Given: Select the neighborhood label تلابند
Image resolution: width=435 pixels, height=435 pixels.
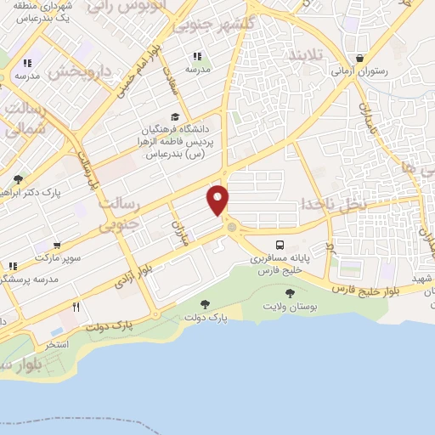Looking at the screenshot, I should pos(303,55).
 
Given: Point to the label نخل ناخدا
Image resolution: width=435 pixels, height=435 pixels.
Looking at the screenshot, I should pos(333,204).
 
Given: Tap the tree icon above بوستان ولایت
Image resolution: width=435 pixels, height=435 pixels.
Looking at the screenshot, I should pos(290,293).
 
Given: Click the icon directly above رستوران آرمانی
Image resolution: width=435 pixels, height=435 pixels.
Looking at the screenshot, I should pos(362,59).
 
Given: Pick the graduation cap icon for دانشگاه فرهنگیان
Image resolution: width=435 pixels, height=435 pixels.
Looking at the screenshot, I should pos(175,117).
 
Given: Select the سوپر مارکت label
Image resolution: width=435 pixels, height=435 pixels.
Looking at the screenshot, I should pos(56,256).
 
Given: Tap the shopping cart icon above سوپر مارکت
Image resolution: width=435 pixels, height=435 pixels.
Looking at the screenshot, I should pos(56,244).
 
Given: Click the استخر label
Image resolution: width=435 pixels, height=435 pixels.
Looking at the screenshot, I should pos(57,345).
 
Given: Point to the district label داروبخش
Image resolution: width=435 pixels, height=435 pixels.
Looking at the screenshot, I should pos(80,71).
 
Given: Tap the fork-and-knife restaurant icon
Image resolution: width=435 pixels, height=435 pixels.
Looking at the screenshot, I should pos(76,308).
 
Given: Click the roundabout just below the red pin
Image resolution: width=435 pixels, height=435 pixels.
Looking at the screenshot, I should pos(231,227).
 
